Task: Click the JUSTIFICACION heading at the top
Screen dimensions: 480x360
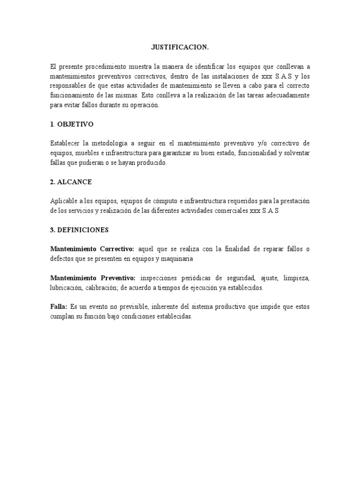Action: point(180,47)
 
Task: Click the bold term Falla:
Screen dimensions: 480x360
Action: point(59,307)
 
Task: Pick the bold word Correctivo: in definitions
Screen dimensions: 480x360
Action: point(118,249)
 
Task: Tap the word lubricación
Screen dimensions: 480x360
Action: point(67,288)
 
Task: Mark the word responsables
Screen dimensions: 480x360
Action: point(69,86)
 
